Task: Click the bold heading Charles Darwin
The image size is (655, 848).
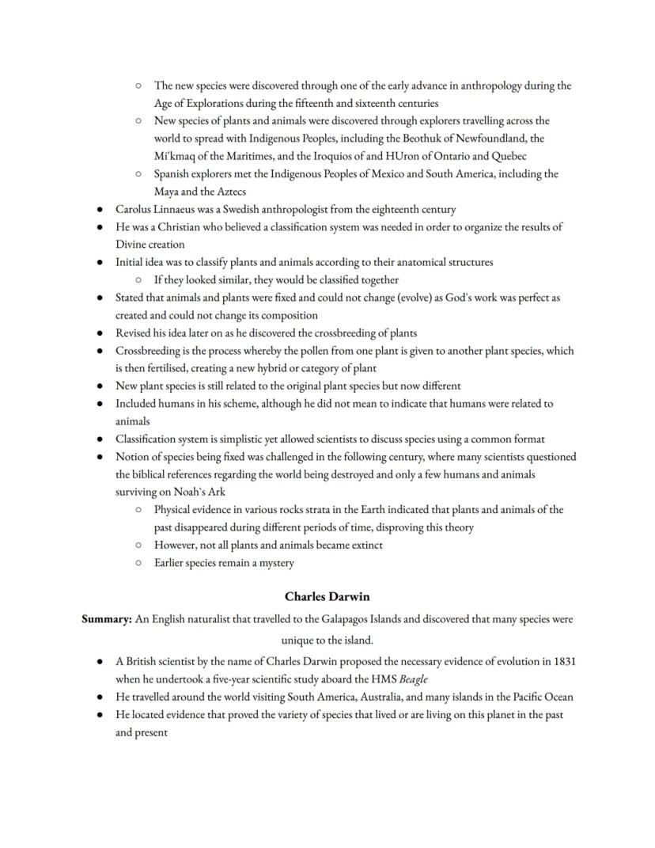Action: (327, 596)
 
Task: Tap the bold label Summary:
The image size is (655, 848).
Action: (107, 619)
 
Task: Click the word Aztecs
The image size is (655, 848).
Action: (229, 192)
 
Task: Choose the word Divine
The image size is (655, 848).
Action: (131, 245)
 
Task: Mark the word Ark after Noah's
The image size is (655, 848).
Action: (216, 492)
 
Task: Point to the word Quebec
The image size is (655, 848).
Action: (509, 156)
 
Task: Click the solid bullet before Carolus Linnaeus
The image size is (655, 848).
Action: (99, 210)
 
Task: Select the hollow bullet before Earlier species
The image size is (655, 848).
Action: (138, 563)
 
